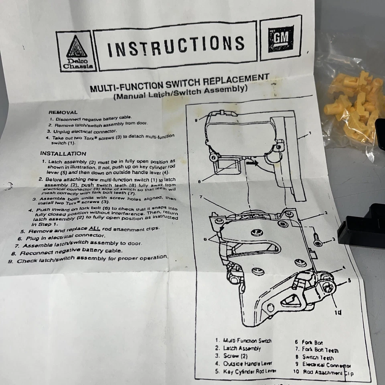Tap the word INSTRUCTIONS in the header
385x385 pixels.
(175, 45)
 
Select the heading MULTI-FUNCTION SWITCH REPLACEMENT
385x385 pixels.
(178, 81)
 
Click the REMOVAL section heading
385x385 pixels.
(63, 113)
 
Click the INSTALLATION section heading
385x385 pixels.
(63, 153)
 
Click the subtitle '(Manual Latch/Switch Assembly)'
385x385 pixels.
(179, 93)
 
